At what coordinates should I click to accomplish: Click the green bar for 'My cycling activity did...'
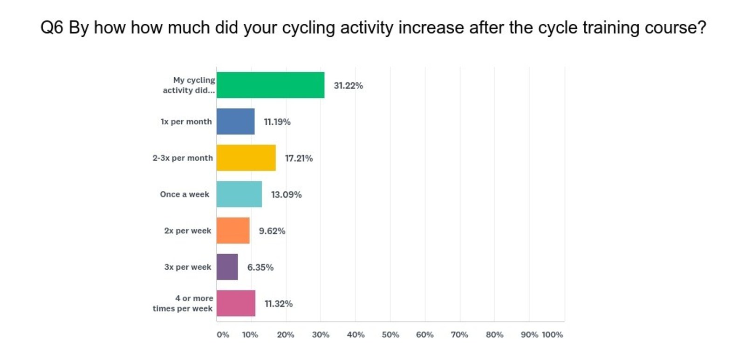point(270,85)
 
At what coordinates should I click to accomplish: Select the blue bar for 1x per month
point(235,122)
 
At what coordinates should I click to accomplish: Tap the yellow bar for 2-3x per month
point(246,158)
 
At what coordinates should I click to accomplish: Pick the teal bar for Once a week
point(239,194)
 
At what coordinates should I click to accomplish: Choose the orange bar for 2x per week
point(233,231)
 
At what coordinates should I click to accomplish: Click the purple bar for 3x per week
point(227,267)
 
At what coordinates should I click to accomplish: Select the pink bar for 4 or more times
point(236,303)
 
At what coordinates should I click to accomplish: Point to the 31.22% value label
point(348,86)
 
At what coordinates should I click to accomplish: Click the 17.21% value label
point(299,158)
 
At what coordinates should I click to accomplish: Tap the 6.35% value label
point(260,267)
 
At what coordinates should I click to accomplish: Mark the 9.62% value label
point(272,231)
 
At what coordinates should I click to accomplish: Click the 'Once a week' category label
point(185,194)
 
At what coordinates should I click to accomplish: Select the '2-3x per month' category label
point(183,158)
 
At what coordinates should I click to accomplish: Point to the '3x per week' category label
point(187,267)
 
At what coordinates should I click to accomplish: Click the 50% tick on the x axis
point(390,334)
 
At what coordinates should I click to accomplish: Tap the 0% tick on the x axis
point(223,334)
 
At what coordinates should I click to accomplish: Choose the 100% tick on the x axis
point(552,334)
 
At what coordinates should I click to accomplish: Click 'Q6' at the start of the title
point(52,28)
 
